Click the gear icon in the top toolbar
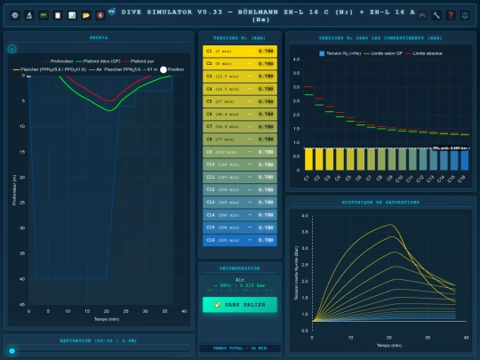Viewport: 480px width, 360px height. (15, 15)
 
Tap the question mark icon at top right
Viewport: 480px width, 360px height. (451, 15)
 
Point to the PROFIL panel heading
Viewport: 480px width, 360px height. (99, 39)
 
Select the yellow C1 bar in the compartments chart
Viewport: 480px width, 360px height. (308, 158)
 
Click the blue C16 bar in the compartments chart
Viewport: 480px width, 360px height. (462, 158)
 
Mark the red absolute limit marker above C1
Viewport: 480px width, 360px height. (308, 87)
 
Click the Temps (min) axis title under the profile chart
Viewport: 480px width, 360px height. (106, 318)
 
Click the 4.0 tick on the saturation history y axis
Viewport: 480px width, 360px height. (306, 216)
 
